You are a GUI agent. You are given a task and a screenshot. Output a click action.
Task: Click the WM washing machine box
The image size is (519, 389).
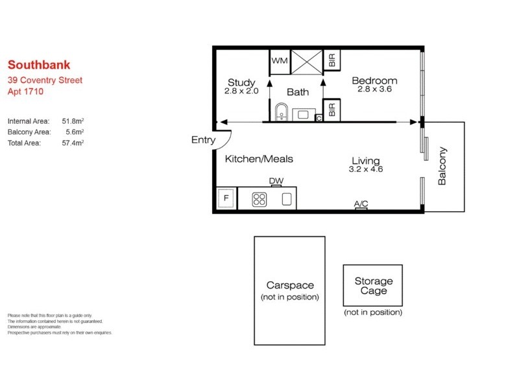tap(279, 60)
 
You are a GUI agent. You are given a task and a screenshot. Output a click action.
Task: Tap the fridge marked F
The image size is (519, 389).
tap(226, 198)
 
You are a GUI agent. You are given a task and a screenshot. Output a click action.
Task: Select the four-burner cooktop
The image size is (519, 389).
tap(259, 199)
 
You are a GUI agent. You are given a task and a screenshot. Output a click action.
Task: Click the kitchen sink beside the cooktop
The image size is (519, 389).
tap(286, 199)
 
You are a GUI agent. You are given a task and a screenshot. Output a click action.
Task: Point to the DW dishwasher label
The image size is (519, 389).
tap(276, 182)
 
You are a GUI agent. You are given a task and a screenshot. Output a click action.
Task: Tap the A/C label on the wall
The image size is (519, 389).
tap(361, 204)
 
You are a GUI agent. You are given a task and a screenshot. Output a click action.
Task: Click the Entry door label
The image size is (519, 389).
tap(202, 140)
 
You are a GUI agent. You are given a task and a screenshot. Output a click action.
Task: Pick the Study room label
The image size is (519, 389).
tap(241, 82)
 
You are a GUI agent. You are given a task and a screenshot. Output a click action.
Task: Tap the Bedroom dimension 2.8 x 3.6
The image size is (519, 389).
tap(374, 90)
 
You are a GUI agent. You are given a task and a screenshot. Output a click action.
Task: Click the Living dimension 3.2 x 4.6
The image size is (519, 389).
tap(366, 170)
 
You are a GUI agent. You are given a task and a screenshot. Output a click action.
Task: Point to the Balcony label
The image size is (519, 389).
tap(442, 166)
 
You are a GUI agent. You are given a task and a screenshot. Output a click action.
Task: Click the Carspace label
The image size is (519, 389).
tap(290, 285)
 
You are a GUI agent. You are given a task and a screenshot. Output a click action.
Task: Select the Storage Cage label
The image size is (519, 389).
tap(373, 286)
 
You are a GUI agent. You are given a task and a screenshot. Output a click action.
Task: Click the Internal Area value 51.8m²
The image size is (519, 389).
tap(73, 121)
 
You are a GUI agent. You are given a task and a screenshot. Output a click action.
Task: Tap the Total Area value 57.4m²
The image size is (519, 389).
tap(73, 143)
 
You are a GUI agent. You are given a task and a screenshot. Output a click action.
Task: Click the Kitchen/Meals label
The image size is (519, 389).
tap(259, 159)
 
